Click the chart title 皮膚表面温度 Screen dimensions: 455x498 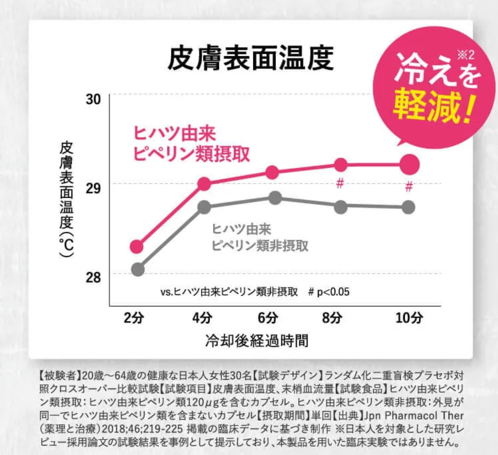click(250, 58)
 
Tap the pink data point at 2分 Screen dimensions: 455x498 click(137, 247)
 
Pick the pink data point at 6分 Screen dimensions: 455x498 click(272, 172)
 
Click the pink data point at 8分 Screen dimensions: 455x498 click(340, 165)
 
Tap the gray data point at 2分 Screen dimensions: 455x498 click(138, 269)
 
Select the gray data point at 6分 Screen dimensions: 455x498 click(275, 198)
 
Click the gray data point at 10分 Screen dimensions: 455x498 click(408, 207)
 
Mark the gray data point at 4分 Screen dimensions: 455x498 click(204, 207)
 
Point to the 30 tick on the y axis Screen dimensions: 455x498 click(93, 100)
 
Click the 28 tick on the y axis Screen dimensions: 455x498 click(93, 278)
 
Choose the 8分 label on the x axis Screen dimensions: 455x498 click(332, 318)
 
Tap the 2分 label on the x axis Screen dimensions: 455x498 click(133, 318)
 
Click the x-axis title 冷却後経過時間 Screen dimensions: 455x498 click(256, 340)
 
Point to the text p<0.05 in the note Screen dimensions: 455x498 click(333, 292)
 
